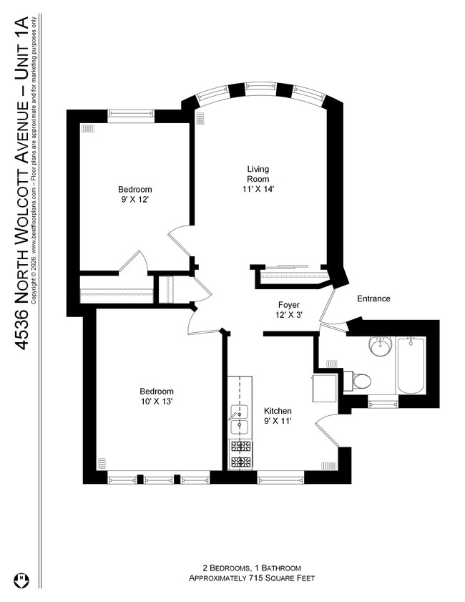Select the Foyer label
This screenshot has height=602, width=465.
pos(289,304)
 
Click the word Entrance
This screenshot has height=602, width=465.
pos(373,298)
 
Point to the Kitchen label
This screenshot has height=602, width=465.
pos(278,411)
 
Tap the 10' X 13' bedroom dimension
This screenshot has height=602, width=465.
pos(156,402)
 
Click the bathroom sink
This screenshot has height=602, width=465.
pos(380,347)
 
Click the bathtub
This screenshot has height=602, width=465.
pos(411,365)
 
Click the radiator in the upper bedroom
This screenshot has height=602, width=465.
pos(88,129)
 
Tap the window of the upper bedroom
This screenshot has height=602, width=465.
pos(130,113)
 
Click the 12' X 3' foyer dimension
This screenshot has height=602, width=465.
pos(289,315)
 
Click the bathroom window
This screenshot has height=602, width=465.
pos(383,404)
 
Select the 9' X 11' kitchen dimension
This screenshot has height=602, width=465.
pos(278,422)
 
